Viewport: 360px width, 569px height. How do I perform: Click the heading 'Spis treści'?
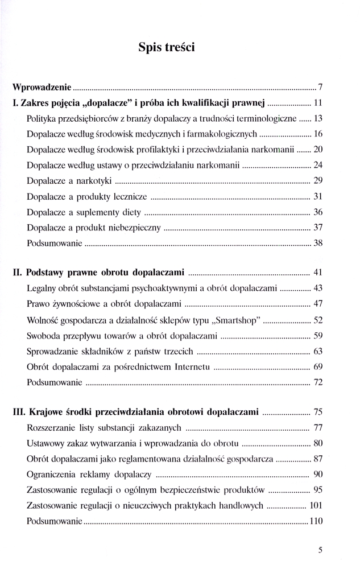[166, 48]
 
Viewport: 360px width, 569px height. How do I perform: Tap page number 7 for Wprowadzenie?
[320, 88]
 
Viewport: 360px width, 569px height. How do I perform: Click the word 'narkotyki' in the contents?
[93, 181]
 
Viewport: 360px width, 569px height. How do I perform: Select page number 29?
[318, 181]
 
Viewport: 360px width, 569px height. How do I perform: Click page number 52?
[318, 319]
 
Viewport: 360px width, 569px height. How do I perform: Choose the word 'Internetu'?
[191, 365]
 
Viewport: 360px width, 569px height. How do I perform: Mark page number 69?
[318, 365]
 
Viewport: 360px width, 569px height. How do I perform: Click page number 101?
[316, 505]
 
